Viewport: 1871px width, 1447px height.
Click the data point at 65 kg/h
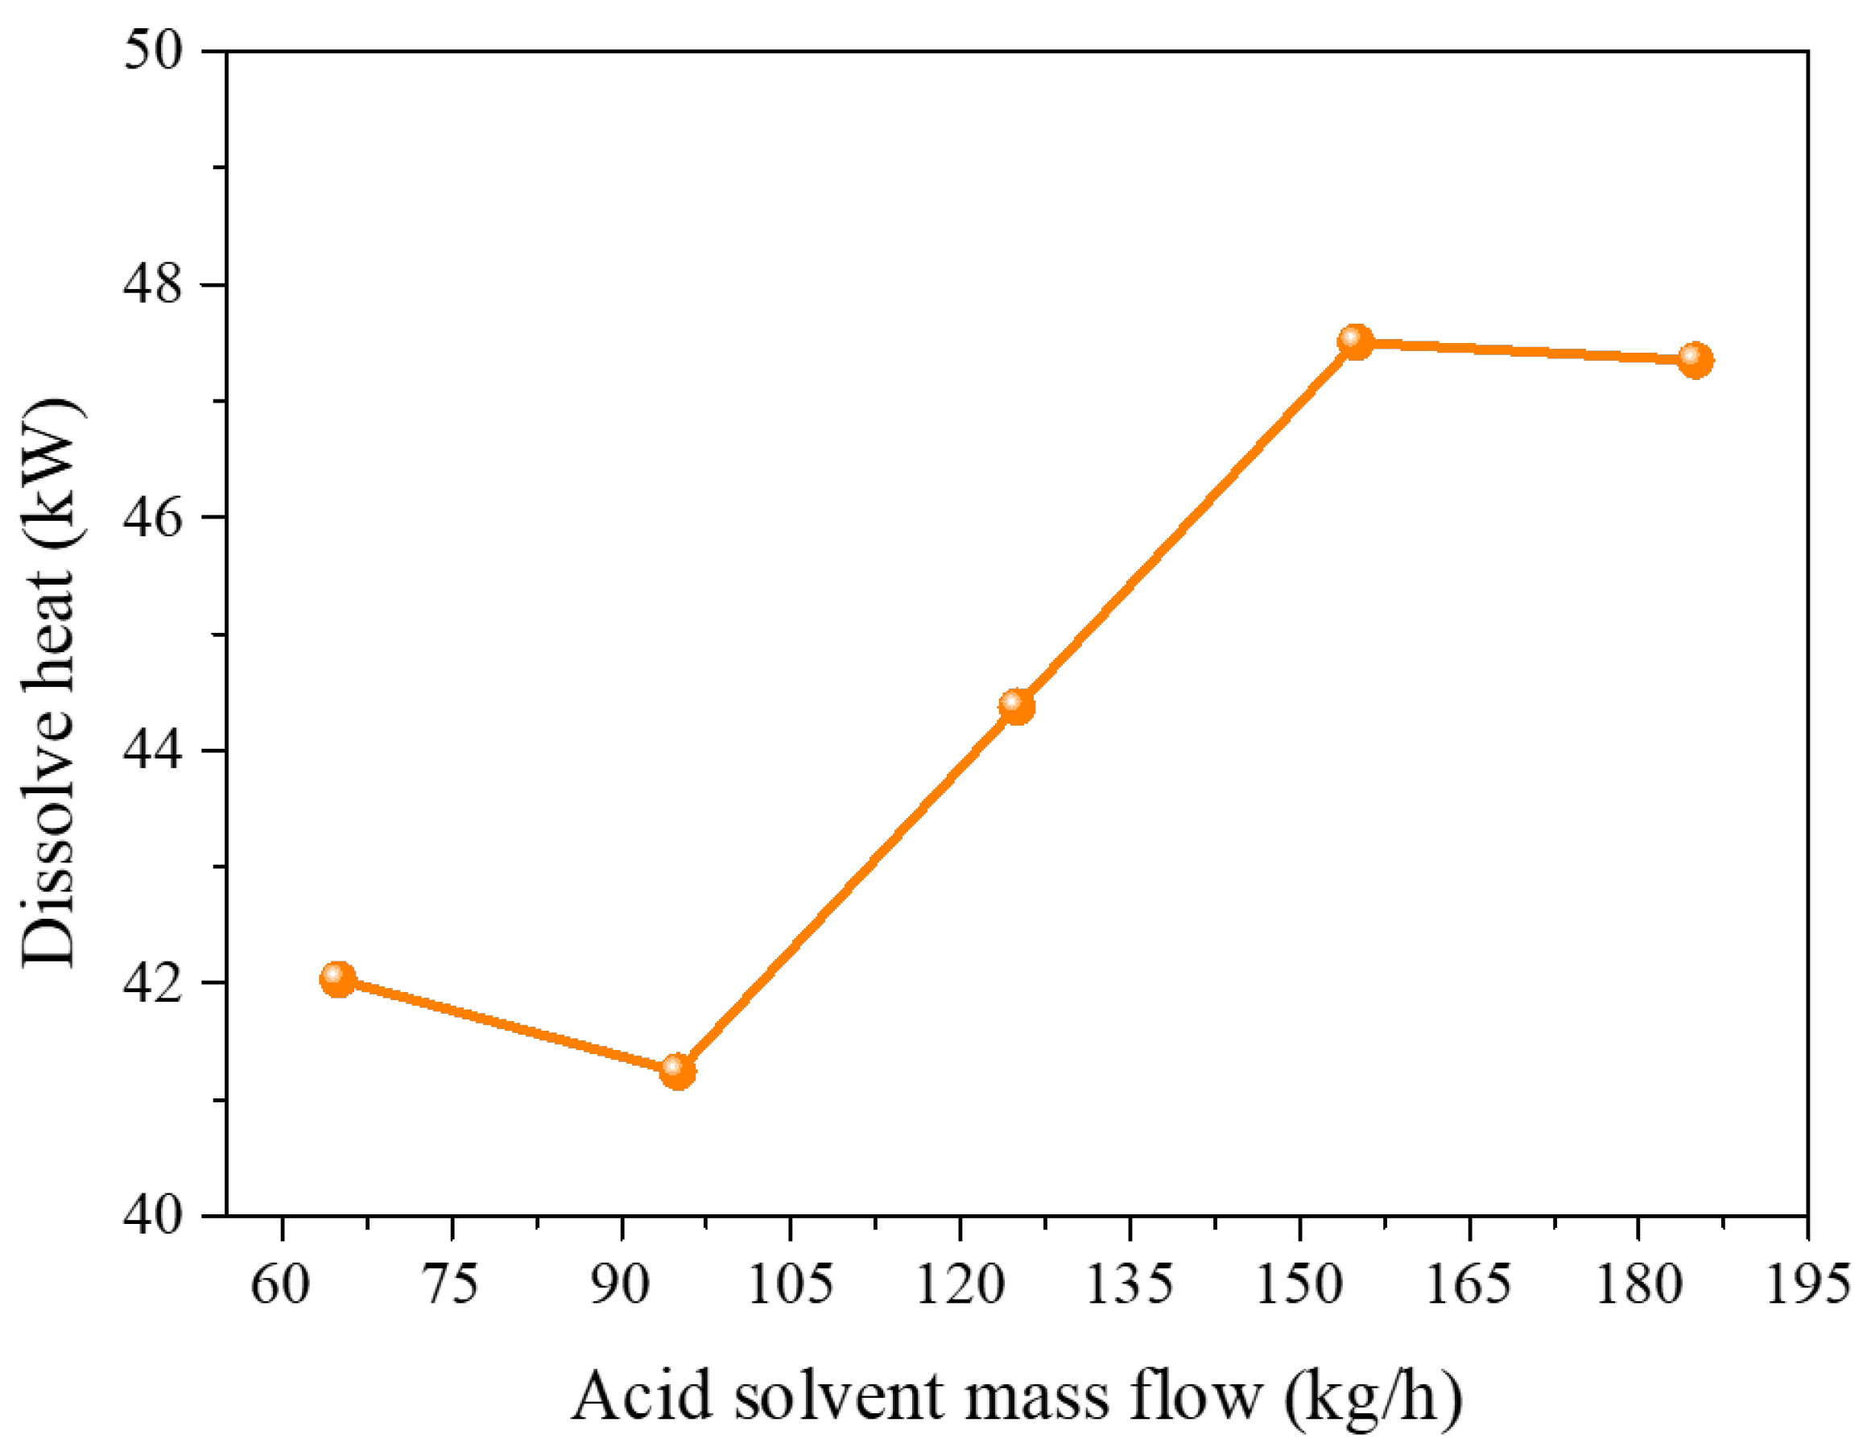[337, 978]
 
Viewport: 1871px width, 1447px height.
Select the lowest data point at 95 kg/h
[678, 1071]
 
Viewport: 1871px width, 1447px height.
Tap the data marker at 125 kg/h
[1016, 706]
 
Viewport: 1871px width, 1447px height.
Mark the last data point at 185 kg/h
[1695, 360]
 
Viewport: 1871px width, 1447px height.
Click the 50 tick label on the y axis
[155, 52]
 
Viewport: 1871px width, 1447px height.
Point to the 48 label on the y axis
[155, 284]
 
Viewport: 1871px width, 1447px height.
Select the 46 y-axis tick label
[155, 518]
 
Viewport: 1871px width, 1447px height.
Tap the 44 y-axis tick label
[155, 750]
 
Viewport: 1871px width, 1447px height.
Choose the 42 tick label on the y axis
[155, 982]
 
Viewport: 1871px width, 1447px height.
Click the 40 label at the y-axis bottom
[155, 1216]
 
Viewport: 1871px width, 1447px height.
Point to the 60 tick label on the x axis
[280, 1285]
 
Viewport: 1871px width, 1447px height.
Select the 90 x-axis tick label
[620, 1285]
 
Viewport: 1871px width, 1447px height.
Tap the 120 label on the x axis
[960, 1285]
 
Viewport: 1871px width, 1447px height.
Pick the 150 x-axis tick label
[1299, 1285]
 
